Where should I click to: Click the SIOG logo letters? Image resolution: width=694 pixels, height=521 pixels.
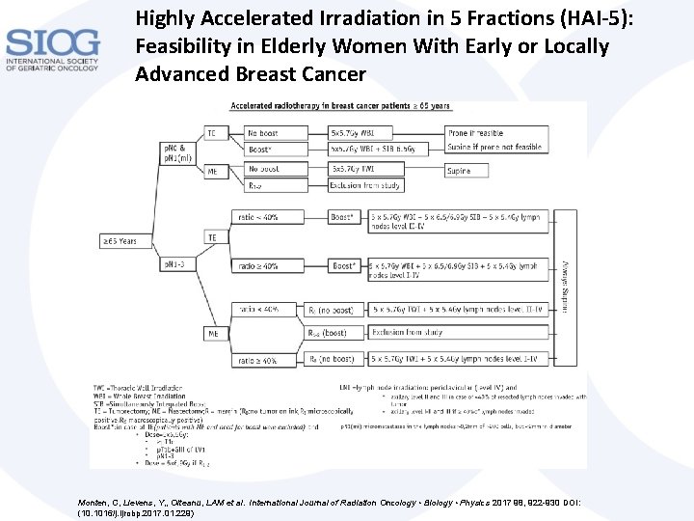click(x=52, y=43)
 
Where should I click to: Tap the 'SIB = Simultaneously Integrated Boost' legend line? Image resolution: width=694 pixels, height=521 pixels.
click(x=156, y=402)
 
